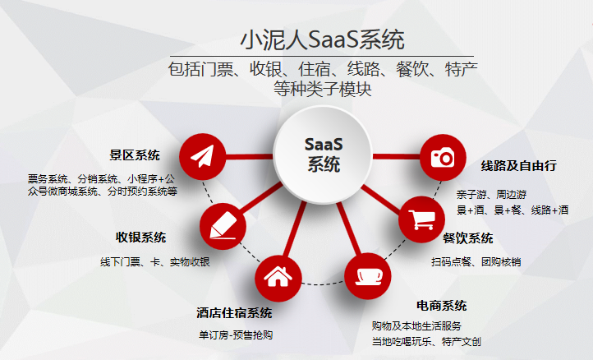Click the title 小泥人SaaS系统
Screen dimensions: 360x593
coord(322,39)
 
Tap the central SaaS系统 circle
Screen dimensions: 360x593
coord(324,154)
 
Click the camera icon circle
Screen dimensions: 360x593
coord(443,157)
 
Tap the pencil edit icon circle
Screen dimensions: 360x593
coord(223,224)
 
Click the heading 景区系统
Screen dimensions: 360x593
coord(135,155)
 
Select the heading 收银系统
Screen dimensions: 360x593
coord(140,238)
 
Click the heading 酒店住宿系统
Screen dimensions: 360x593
coord(235,313)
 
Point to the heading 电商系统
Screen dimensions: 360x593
coord(441,306)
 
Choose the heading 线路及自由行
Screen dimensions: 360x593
coord(519,165)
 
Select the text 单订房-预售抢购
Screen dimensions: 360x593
coord(235,335)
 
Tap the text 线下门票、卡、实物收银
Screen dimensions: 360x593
coord(155,262)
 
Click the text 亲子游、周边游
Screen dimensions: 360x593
coord(492,194)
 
